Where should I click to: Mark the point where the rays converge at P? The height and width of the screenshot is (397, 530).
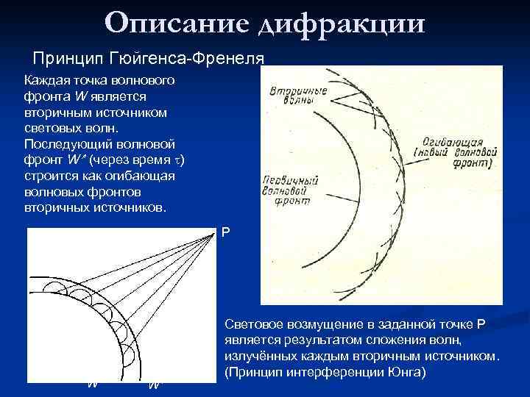tap(214, 233)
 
